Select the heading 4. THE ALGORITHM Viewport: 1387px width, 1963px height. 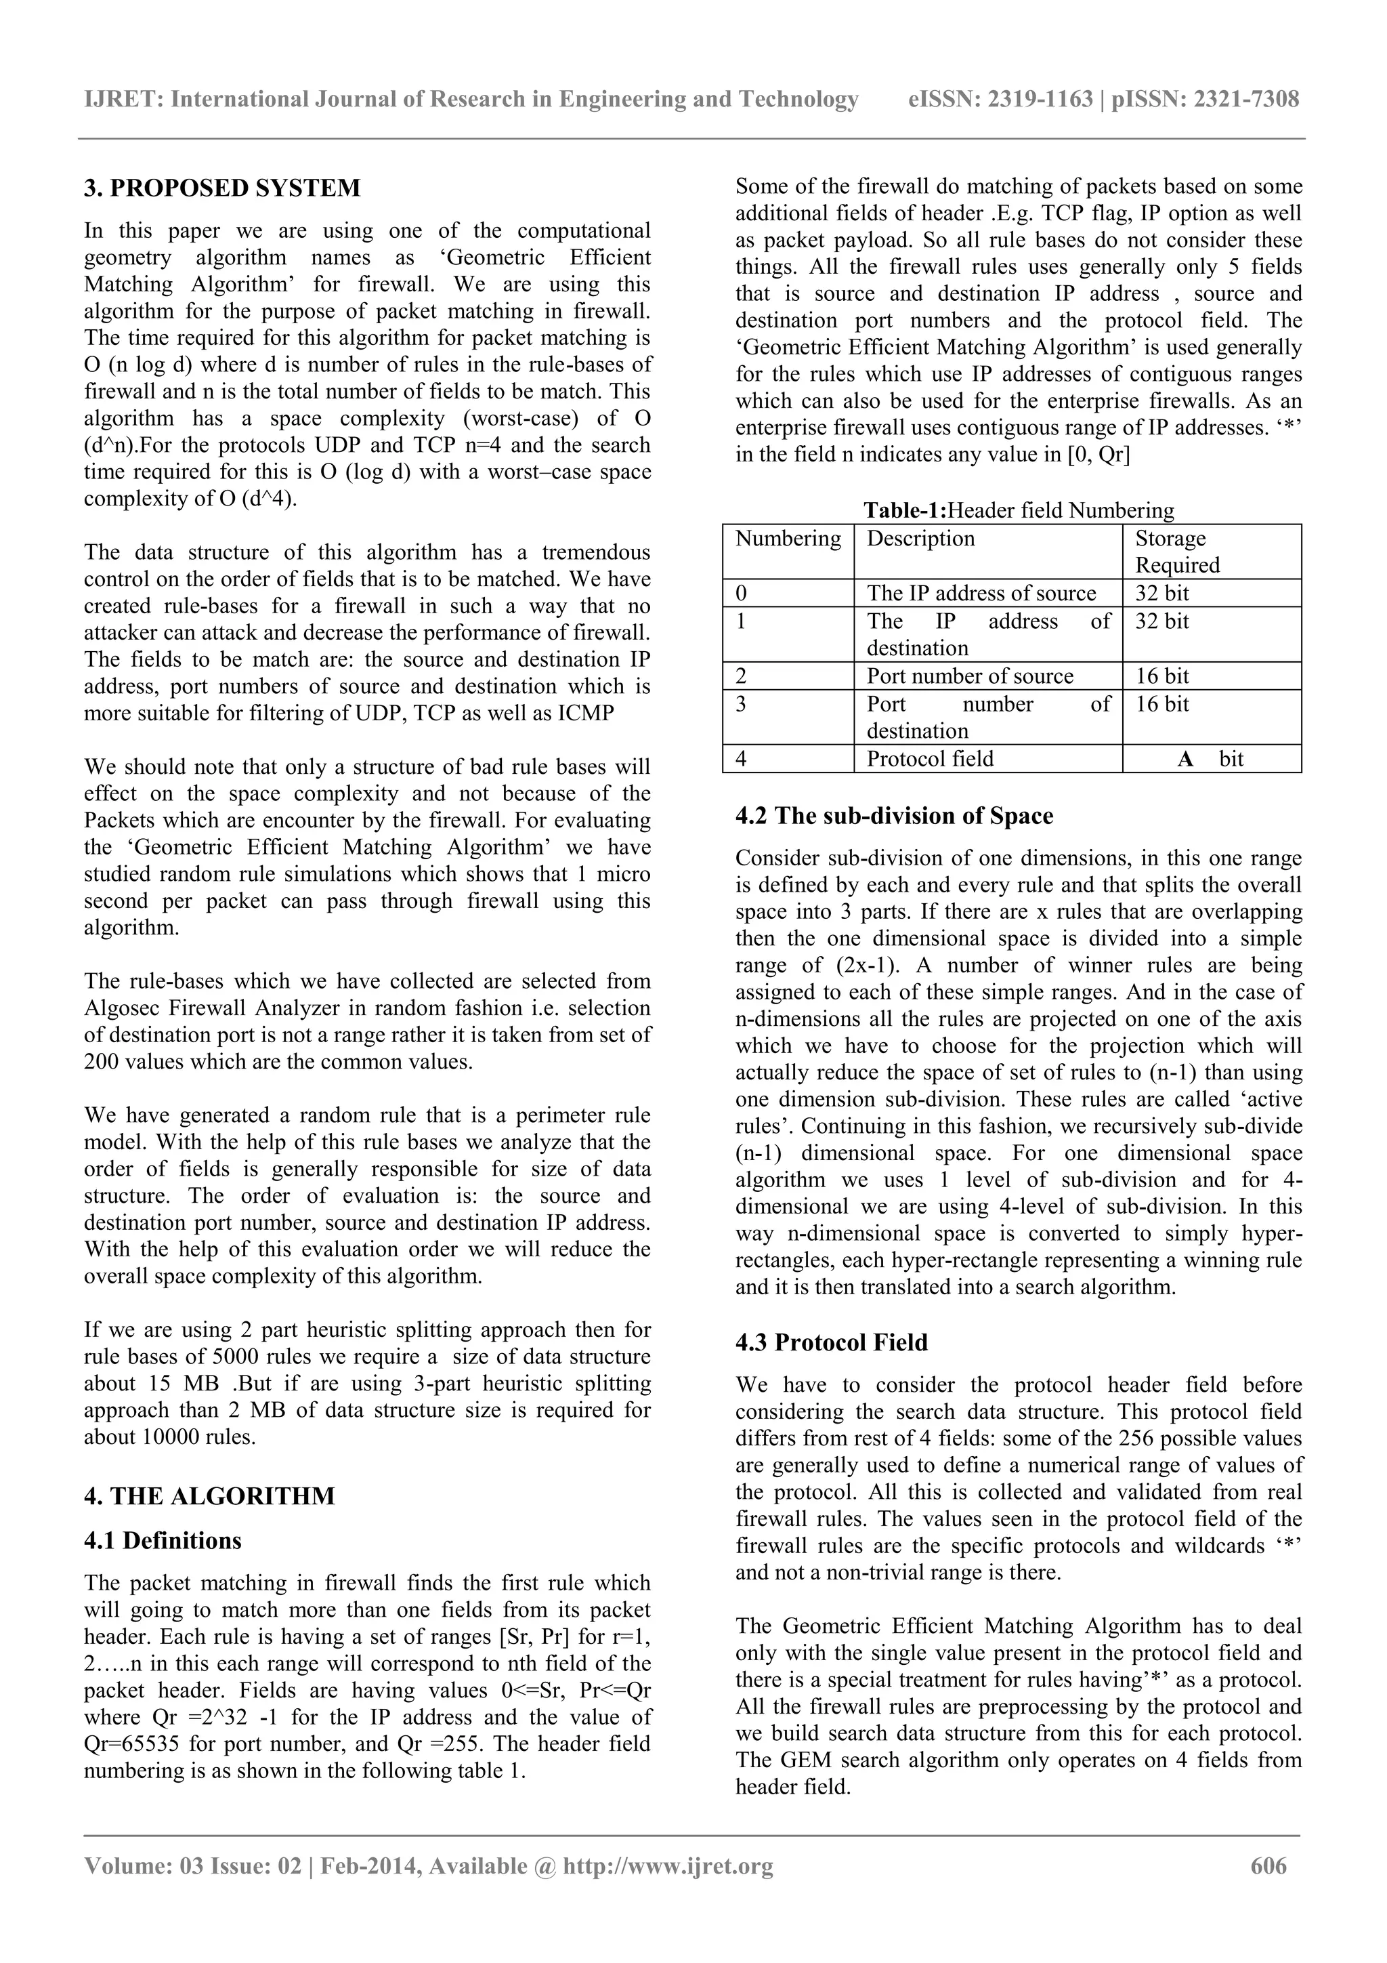coord(209,1495)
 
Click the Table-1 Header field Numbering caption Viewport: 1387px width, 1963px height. coord(1018,510)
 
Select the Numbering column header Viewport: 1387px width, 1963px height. coord(787,539)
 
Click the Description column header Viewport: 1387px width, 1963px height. coord(920,539)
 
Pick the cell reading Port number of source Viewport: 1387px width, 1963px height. coord(969,676)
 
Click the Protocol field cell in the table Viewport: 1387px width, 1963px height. coord(930,758)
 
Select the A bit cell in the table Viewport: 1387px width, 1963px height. coord(1210,758)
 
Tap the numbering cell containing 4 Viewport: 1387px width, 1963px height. coord(741,758)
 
